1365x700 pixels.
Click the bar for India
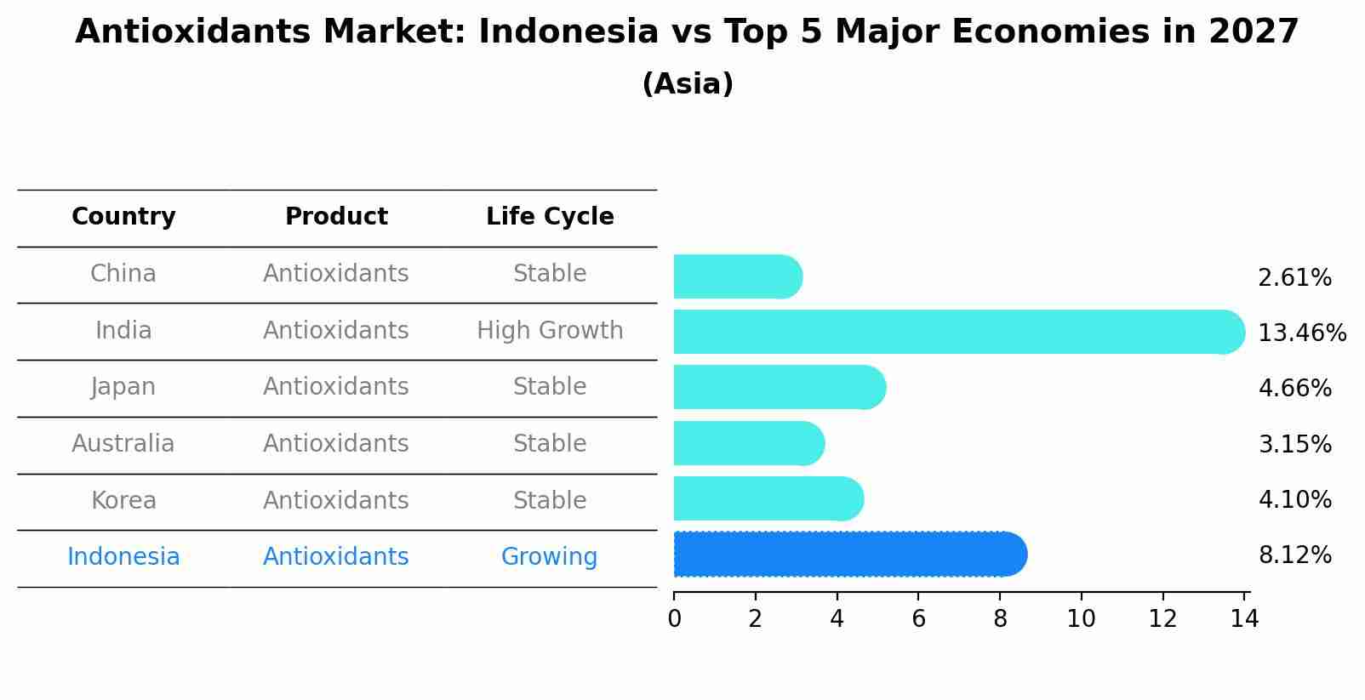click(957, 332)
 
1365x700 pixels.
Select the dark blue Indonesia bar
click(849, 555)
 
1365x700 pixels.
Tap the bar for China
click(737, 276)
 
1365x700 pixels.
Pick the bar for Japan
click(779, 388)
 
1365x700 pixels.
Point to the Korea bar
click(768, 499)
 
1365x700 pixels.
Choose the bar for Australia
click(748, 443)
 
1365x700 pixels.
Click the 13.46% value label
click(1302, 333)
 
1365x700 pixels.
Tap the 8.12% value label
click(1294, 555)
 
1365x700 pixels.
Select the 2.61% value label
click(1294, 278)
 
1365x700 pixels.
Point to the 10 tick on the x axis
click(1081, 619)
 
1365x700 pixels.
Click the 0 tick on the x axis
click(674, 619)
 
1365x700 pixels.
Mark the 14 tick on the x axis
click(1244, 619)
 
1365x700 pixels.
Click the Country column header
click(123, 217)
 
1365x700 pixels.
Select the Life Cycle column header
click(550, 217)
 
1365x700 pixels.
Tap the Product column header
click(336, 217)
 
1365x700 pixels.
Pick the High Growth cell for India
click(550, 331)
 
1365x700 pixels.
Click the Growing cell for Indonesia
click(549, 557)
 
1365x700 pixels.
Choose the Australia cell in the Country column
click(123, 444)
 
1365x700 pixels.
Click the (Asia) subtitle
click(688, 84)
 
